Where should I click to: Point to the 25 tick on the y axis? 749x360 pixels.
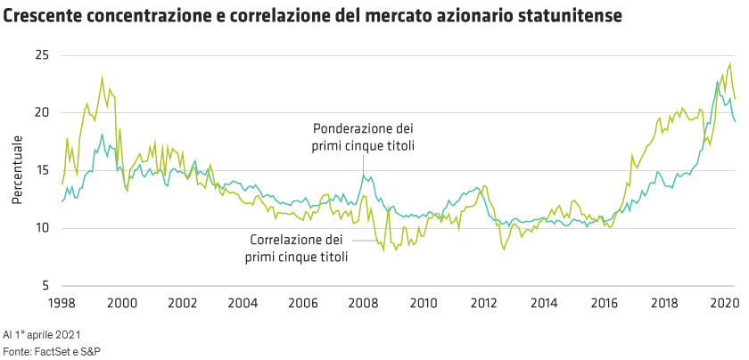[x=42, y=55]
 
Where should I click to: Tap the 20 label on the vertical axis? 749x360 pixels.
[x=42, y=113]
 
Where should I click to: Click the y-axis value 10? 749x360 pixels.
[x=42, y=228]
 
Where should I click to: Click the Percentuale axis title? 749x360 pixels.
[x=17, y=169]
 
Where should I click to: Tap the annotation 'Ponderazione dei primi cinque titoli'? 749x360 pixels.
[x=363, y=137]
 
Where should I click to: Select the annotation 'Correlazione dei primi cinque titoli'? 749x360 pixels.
[x=297, y=248]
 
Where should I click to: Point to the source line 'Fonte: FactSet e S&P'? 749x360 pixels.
[x=52, y=351]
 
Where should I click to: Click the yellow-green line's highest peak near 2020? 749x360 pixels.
[x=730, y=63]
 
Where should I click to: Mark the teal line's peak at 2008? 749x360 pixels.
[x=364, y=176]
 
